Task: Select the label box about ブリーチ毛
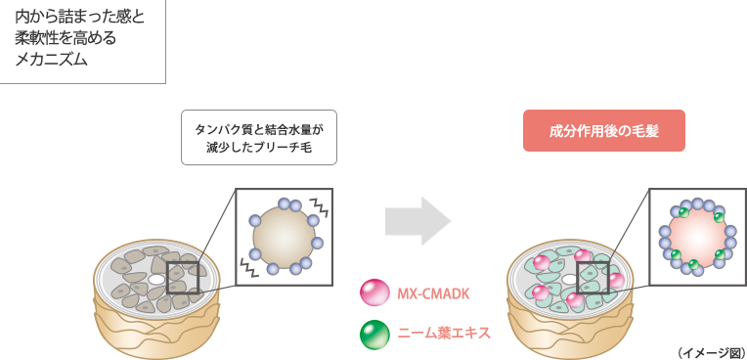pos(258,138)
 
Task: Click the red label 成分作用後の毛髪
pos(603,131)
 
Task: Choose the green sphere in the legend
pos(373,334)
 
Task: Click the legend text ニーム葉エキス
pos(443,334)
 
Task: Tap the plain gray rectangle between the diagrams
pos(417,221)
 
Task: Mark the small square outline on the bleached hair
pos(183,277)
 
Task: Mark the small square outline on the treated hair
pos(593,277)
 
